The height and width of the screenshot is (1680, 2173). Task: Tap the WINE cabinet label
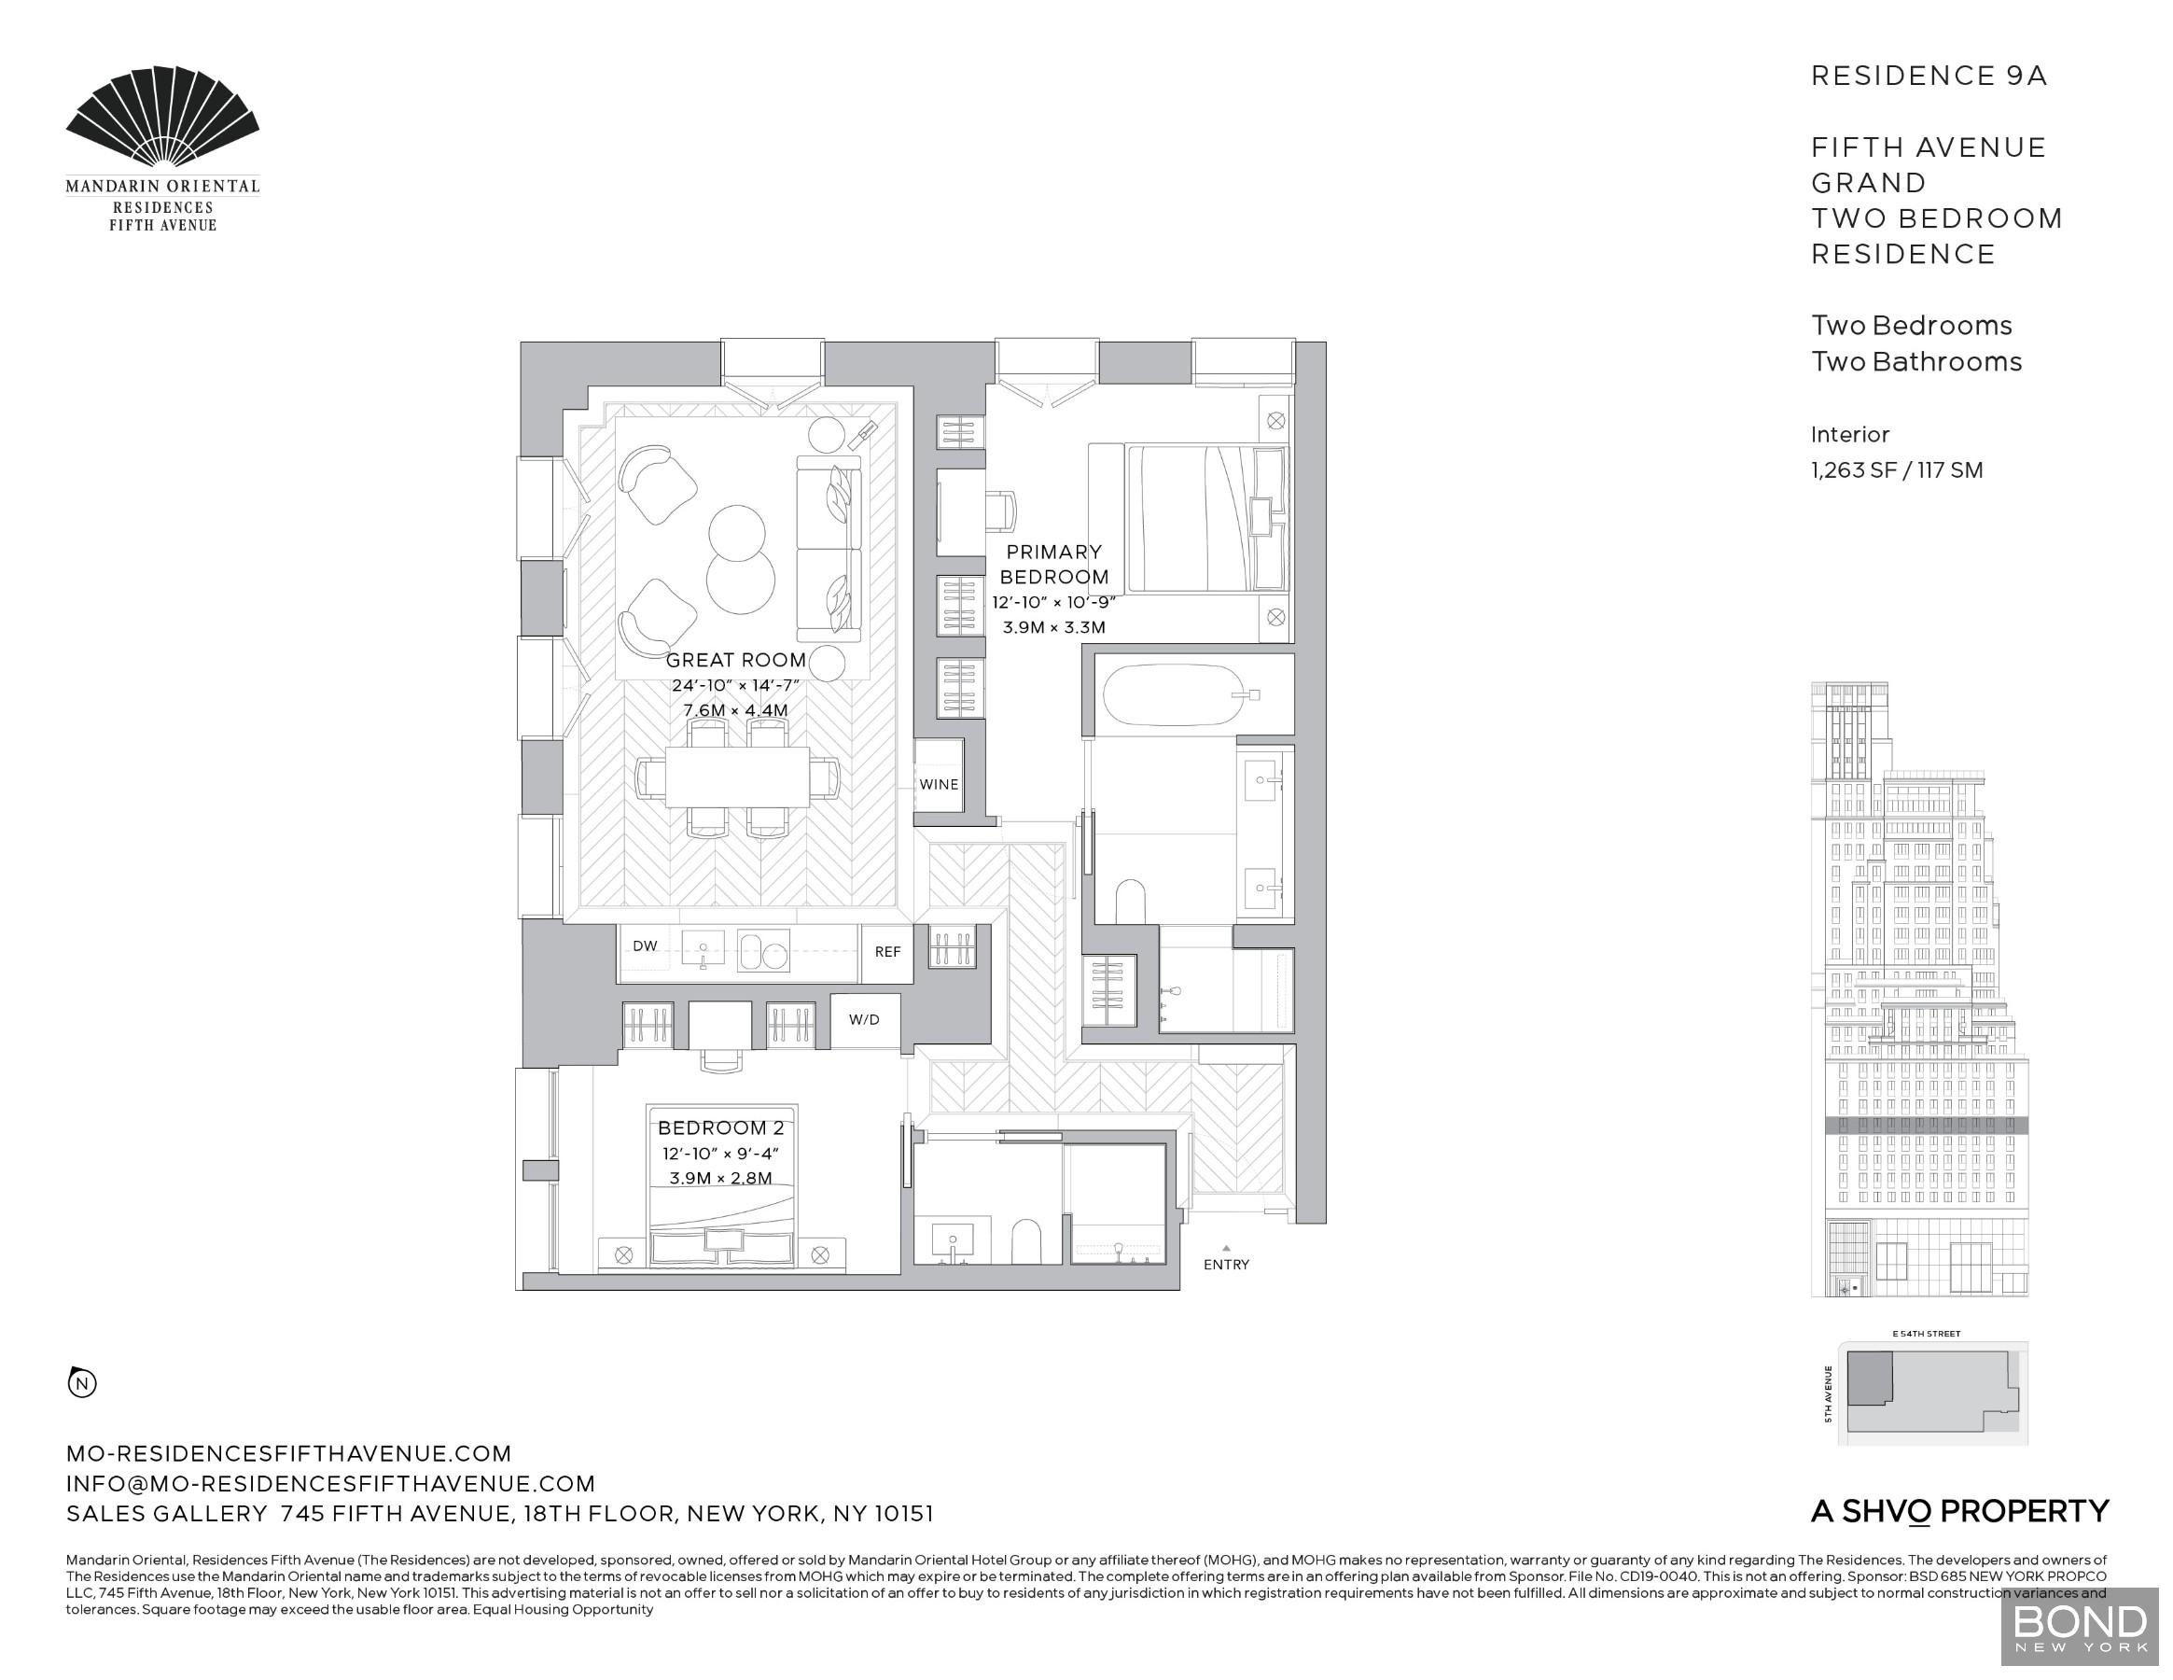tap(939, 784)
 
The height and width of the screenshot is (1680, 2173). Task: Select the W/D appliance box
tap(864, 1020)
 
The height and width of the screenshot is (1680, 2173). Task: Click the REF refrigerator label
tap(887, 952)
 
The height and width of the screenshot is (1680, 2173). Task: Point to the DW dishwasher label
tap(645, 946)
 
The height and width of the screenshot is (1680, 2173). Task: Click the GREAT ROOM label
tap(735, 660)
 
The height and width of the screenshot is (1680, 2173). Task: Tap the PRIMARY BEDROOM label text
tap(1053, 565)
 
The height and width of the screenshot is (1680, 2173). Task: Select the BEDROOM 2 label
tap(720, 1128)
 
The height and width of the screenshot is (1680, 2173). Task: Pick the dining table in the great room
tap(736, 777)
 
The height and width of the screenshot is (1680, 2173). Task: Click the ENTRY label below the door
tap(1226, 1265)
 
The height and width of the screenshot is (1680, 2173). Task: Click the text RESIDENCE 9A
tap(1929, 77)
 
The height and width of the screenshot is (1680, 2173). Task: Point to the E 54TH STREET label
tap(1927, 1334)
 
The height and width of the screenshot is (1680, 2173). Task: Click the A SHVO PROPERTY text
tap(1959, 1512)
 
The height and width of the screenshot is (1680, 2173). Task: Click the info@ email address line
tap(330, 1484)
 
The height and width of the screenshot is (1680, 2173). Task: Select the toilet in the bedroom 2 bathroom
tap(1024, 1242)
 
